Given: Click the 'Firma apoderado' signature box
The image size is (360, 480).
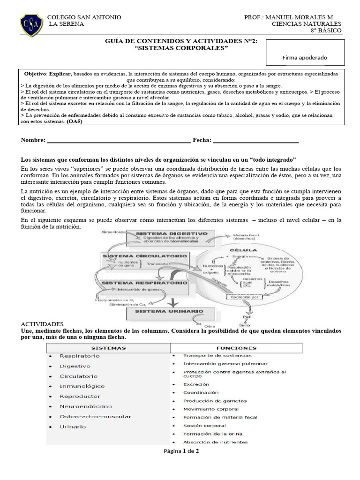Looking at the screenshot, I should tap(305, 52).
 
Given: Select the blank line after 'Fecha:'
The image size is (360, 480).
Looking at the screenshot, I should tap(255, 141).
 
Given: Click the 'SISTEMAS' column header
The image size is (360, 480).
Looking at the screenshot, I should tap(108, 348).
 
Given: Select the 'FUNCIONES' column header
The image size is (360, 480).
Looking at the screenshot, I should tap(236, 348).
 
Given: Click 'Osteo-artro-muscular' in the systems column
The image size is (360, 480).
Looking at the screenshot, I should tap(95, 416).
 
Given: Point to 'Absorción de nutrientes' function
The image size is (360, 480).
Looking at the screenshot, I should tap(215, 442).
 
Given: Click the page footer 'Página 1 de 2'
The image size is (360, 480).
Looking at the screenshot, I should tap(181, 451).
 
